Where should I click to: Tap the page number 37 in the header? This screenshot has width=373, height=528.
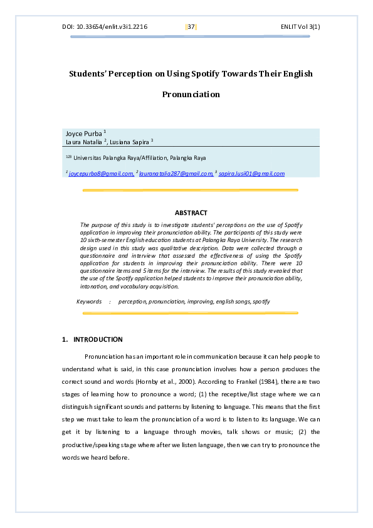191,27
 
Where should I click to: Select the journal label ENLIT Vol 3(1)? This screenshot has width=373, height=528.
305,27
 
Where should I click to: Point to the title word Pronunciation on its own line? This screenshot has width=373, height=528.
191,95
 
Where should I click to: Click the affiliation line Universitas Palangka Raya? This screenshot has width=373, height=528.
119,158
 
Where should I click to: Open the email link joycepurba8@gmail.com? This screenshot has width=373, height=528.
101,174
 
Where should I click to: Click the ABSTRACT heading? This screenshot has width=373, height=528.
191,213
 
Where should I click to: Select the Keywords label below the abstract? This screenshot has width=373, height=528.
89,302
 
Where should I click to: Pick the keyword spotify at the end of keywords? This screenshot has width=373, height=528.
261,302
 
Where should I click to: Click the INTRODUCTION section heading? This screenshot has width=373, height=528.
98,339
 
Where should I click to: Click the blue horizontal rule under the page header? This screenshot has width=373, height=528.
191,37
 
